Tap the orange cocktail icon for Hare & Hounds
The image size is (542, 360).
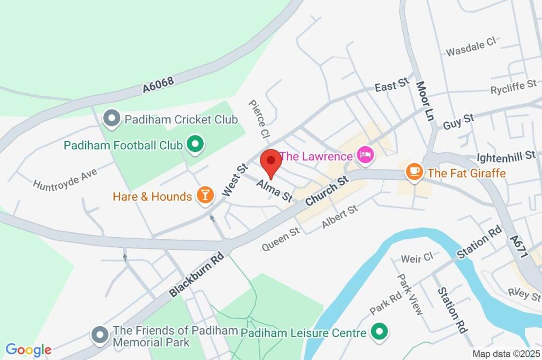tap(205, 195)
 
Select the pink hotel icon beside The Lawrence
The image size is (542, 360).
tap(366, 155)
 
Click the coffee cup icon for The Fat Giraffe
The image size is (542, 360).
tap(413, 172)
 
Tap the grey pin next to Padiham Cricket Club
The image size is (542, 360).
tap(112, 119)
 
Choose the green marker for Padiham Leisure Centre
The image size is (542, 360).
tap(378, 332)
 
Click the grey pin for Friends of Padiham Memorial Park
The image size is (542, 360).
tap(99, 335)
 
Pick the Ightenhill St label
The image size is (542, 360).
tap(506, 156)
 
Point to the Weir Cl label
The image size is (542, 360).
tap(417, 258)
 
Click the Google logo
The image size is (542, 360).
tap(29, 349)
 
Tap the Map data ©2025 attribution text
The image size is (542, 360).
tap(505, 354)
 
